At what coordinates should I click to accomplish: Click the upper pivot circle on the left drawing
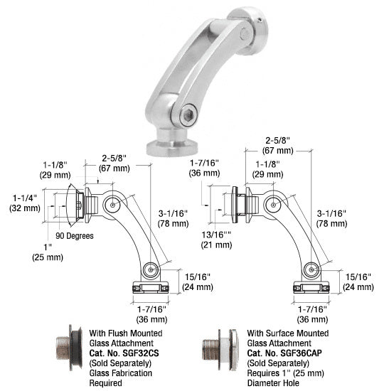[111, 204]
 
